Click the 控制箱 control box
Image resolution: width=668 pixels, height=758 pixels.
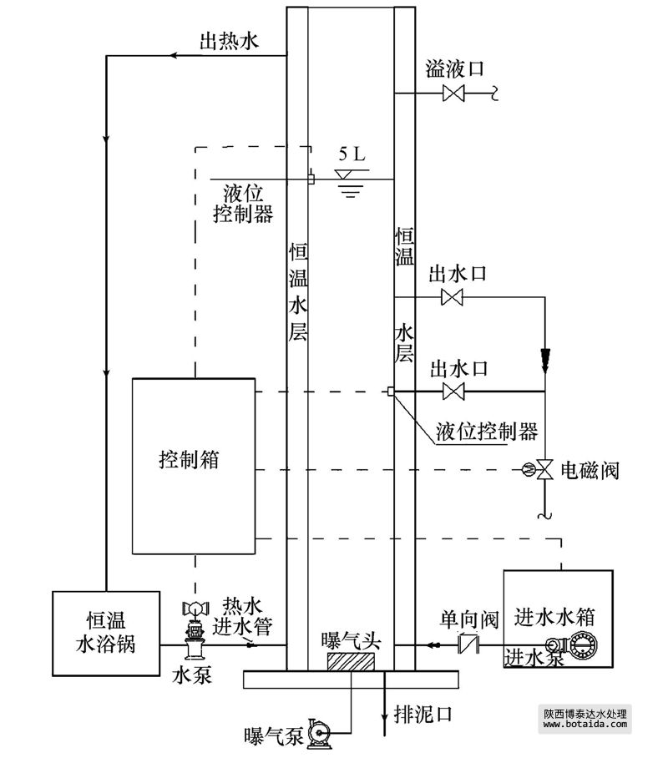click(x=194, y=466)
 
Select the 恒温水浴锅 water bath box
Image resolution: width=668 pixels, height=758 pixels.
click(x=106, y=632)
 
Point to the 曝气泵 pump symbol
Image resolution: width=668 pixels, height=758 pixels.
click(x=318, y=734)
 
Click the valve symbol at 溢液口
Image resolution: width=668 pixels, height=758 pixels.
click(x=453, y=95)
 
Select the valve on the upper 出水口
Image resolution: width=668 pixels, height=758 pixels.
click(x=453, y=297)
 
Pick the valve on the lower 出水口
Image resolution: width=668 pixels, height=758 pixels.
click(x=453, y=391)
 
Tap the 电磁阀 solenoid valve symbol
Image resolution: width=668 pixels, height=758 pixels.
click(x=544, y=470)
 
